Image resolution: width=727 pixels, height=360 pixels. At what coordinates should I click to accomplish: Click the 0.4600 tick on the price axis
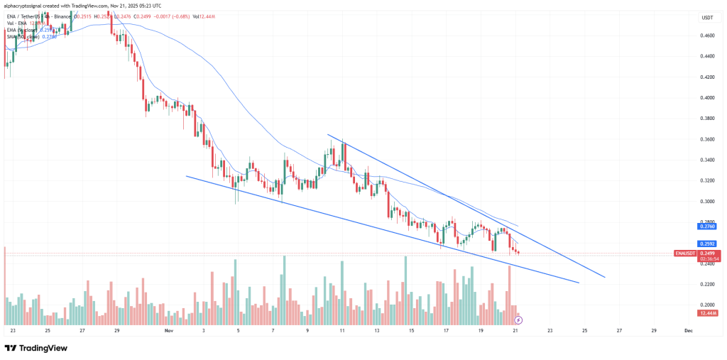pyautogui.click(x=707, y=36)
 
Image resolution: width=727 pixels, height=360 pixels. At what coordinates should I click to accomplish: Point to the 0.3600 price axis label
pyautogui.click(x=707, y=139)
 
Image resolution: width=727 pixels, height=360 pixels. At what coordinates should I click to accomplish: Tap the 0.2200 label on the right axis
pyautogui.click(x=707, y=284)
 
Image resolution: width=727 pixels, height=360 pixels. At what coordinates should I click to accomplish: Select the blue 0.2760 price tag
pyautogui.click(x=708, y=227)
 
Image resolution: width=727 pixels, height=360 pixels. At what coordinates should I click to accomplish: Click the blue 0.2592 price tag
pyautogui.click(x=708, y=243)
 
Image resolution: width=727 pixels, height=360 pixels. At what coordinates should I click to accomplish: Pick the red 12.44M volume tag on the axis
pyautogui.click(x=708, y=313)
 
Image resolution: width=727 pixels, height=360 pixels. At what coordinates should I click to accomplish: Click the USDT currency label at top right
pyautogui.click(x=706, y=17)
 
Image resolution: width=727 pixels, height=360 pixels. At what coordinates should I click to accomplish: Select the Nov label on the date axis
pyautogui.click(x=168, y=331)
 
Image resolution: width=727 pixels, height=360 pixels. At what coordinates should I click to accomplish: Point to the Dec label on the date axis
pyautogui.click(x=688, y=331)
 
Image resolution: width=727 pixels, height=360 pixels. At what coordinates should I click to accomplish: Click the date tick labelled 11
pyautogui.click(x=342, y=331)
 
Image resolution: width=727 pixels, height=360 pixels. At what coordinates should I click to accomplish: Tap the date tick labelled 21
pyautogui.click(x=516, y=331)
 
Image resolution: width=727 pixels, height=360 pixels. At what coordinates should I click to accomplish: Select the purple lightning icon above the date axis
pyautogui.click(x=518, y=320)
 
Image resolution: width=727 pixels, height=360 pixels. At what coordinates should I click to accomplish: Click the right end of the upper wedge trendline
pyautogui.click(x=605, y=277)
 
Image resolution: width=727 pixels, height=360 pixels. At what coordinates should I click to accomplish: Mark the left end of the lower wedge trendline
pyautogui.click(x=186, y=176)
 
